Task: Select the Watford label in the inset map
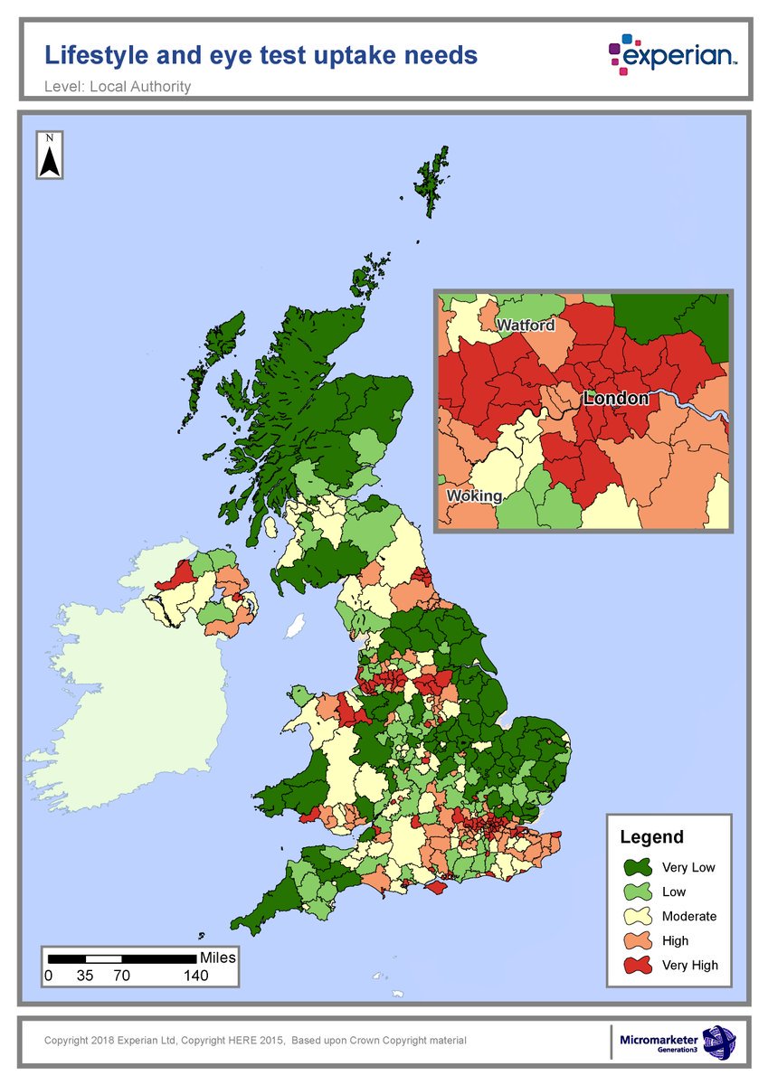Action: (525, 325)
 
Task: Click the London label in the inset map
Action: (616, 398)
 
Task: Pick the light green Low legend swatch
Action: (637, 892)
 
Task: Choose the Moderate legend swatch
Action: (637, 917)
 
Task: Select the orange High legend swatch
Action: (637, 941)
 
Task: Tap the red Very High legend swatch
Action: (637, 966)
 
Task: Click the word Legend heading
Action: (651, 837)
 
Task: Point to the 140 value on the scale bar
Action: (195, 976)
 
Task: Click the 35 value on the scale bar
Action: (86, 976)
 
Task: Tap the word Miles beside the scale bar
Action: (218, 958)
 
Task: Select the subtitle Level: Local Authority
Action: (118, 87)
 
